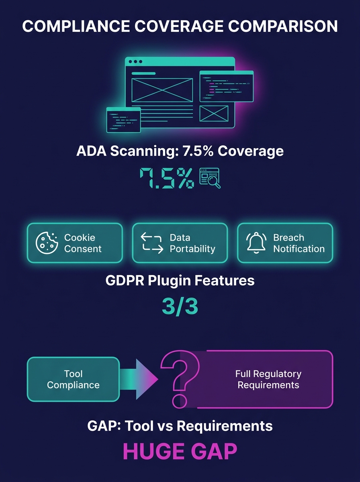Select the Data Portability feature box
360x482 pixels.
180,243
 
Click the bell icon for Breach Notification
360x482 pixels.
256,243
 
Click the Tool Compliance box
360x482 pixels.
73,379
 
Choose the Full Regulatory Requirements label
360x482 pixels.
268,379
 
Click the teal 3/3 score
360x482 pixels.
180,306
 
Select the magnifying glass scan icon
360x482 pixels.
210,178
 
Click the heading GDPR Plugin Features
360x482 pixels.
180,280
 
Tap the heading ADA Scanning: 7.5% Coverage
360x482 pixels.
180,151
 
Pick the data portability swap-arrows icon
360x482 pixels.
152,243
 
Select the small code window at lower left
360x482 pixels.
123,120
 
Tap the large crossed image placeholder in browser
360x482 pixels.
162,90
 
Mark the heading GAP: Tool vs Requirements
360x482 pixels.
180,426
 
